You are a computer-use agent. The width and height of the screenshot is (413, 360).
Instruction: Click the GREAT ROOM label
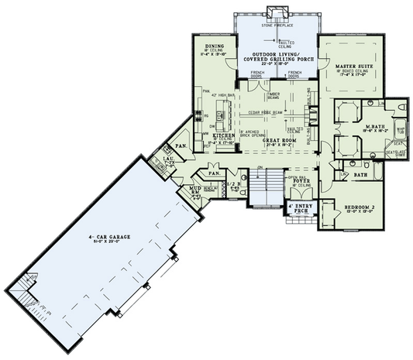coord(275,140)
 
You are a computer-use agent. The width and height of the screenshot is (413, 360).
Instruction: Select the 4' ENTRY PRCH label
coord(299,208)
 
